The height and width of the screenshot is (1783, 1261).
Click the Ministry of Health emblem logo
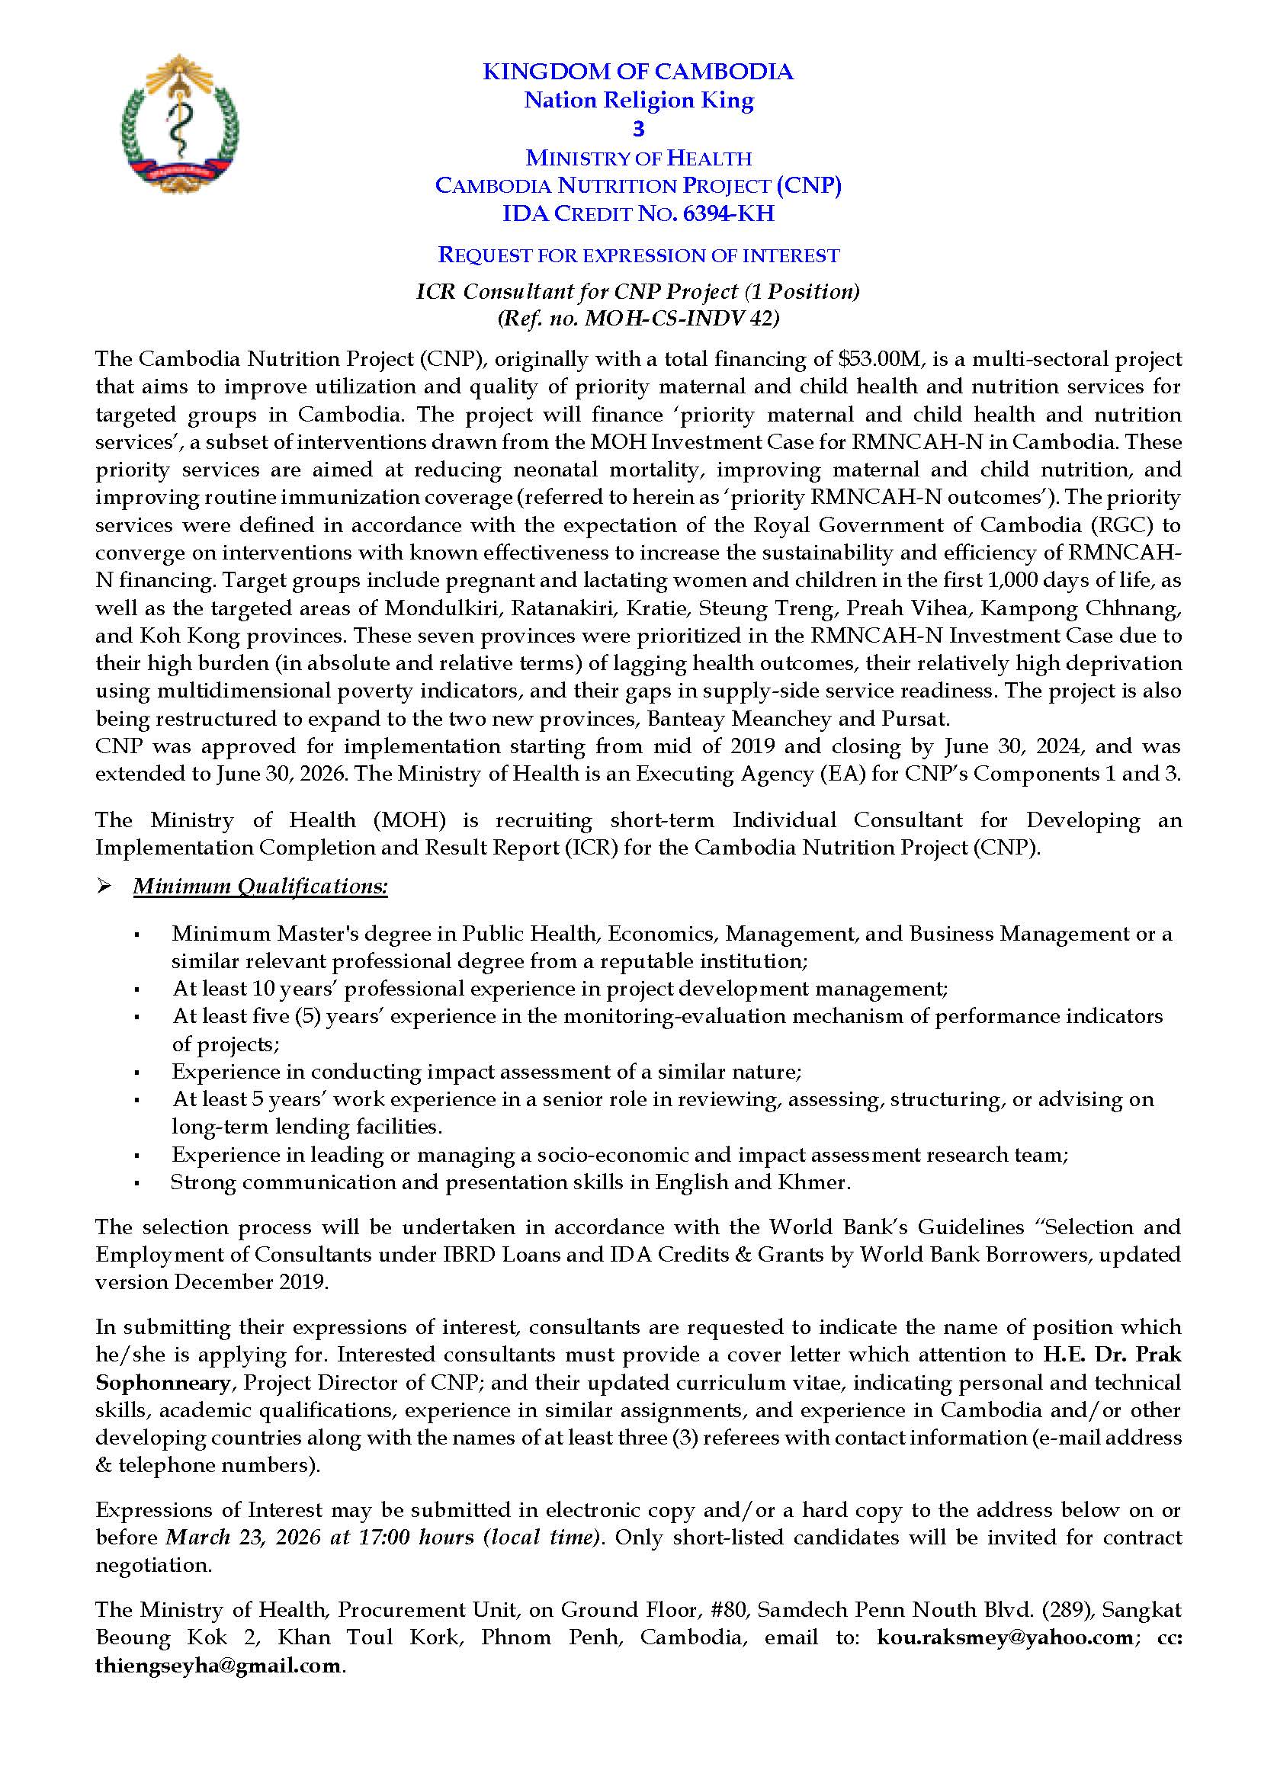(x=180, y=123)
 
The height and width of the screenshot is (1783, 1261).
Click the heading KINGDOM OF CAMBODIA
(x=637, y=72)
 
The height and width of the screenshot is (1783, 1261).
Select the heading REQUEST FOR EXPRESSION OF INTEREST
(x=638, y=255)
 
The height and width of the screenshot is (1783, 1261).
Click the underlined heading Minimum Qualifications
(x=260, y=887)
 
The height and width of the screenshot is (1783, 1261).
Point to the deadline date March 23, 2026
(x=244, y=1538)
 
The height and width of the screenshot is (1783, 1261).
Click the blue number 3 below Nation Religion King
(x=638, y=129)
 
